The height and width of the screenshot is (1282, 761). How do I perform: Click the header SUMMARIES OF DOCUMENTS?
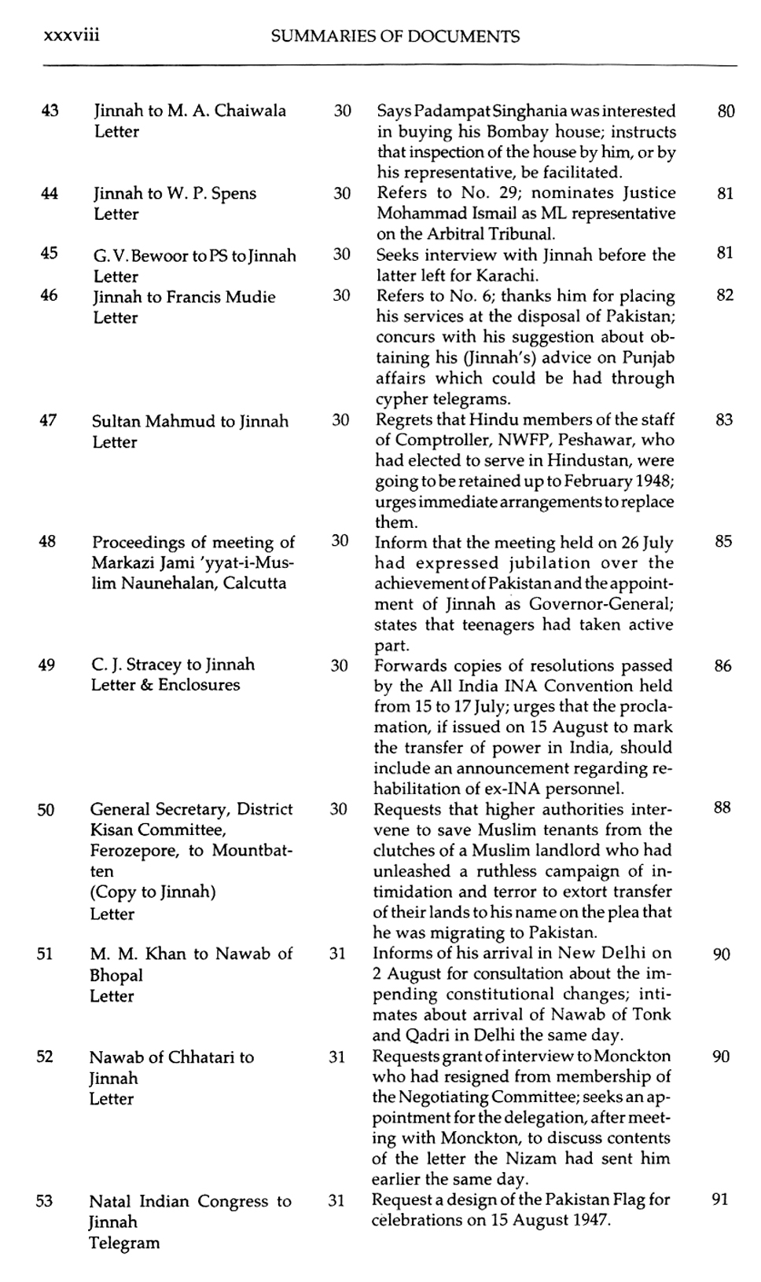pyautogui.click(x=395, y=36)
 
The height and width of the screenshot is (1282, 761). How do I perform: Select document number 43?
pyautogui.click(x=50, y=111)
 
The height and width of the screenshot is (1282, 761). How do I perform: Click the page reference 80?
pyautogui.click(x=726, y=112)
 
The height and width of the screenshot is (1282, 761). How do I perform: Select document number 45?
pyautogui.click(x=49, y=253)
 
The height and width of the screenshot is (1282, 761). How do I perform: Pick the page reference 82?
pyautogui.click(x=726, y=295)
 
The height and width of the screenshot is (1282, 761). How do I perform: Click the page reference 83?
pyautogui.click(x=725, y=420)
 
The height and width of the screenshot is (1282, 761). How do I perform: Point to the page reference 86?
pyautogui.click(x=723, y=666)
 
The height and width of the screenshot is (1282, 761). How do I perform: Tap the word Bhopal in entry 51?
pyautogui.click(x=116, y=976)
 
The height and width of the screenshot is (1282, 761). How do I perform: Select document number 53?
pyautogui.click(x=45, y=1201)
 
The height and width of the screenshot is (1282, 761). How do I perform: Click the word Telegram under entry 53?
pyautogui.click(x=123, y=1243)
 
